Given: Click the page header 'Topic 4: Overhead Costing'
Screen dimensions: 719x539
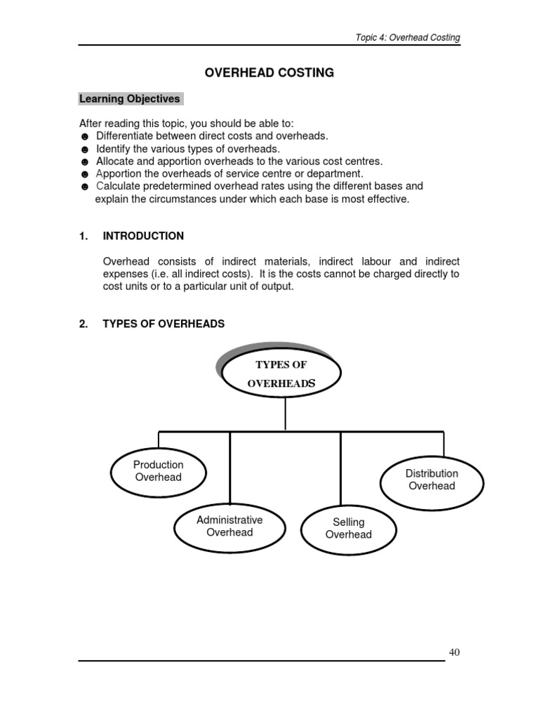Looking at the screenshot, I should pyautogui.click(x=407, y=37).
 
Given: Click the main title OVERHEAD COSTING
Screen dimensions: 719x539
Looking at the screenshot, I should pyautogui.click(x=269, y=73).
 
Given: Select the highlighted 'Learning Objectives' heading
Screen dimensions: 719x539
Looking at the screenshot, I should pyautogui.click(x=130, y=99).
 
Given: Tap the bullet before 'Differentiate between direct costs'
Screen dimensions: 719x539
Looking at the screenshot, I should pyautogui.click(x=84, y=137).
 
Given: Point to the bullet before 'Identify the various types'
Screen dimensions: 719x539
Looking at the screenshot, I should pyautogui.click(x=84, y=150).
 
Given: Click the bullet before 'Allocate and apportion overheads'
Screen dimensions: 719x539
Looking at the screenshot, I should pyautogui.click(x=84, y=162).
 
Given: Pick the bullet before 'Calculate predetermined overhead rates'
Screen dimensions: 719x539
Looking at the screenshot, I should pyautogui.click(x=84, y=187).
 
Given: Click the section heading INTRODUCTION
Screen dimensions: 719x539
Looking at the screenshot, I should pyautogui.click(x=143, y=236).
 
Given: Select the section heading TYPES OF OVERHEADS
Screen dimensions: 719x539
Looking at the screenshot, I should pyautogui.click(x=164, y=324).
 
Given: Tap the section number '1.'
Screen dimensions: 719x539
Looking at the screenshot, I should pyautogui.click(x=84, y=236).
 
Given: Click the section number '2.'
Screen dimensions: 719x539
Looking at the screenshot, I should pyautogui.click(x=84, y=324).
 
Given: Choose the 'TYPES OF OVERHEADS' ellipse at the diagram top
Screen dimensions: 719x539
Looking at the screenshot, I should pyautogui.click(x=281, y=374).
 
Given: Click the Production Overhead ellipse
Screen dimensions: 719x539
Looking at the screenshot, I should pyautogui.click(x=159, y=471).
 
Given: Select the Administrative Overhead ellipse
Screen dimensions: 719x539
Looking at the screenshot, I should pyautogui.click(x=229, y=527).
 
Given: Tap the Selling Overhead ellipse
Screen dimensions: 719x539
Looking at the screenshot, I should pyautogui.click(x=348, y=529).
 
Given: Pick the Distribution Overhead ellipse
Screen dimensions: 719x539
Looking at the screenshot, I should pyautogui.click(x=432, y=480).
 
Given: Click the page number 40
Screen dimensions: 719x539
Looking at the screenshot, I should pyautogui.click(x=454, y=653).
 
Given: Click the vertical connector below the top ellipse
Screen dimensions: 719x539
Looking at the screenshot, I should pyautogui.click(x=284, y=414).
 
